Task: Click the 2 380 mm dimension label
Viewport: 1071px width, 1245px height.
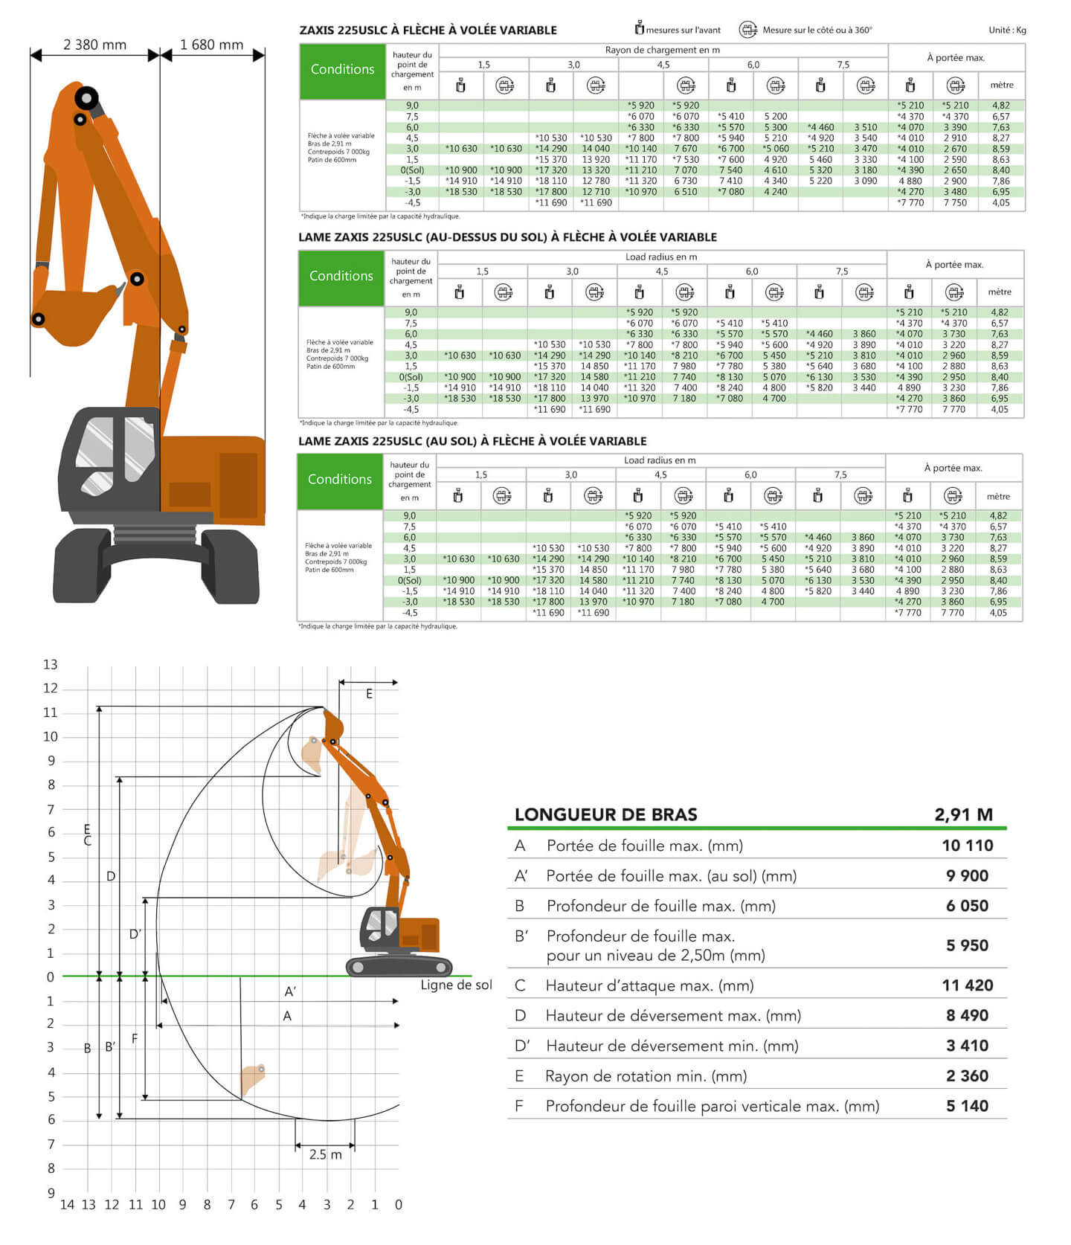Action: coord(94,45)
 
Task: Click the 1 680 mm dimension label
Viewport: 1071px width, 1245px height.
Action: coord(211,45)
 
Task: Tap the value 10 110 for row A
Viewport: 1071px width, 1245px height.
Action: coord(967,846)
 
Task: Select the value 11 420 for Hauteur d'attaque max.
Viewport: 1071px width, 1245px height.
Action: coord(967,985)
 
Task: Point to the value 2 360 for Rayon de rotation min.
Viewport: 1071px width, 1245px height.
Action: coord(967,1076)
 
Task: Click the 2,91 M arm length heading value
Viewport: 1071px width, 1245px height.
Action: coord(963,814)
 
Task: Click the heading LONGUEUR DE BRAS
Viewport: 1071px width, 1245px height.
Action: coord(605,814)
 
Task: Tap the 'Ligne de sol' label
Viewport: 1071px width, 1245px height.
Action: coord(456,985)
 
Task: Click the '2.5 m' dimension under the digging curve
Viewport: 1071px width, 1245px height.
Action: coord(325,1154)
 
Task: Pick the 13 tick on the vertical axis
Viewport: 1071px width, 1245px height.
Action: coord(50,665)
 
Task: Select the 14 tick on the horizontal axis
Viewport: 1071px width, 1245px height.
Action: coord(67,1205)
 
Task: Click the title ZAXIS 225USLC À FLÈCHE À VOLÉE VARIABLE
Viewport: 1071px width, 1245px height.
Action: coord(428,30)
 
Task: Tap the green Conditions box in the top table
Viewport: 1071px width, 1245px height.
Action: coord(342,70)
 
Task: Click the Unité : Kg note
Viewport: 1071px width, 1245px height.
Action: coord(1007,30)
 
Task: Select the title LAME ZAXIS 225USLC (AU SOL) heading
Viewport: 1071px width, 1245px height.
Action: coord(472,441)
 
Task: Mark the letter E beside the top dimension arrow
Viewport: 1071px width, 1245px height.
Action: coord(369,694)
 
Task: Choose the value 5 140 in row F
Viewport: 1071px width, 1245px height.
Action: coord(967,1107)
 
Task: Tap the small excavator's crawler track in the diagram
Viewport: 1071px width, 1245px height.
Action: coord(399,967)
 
